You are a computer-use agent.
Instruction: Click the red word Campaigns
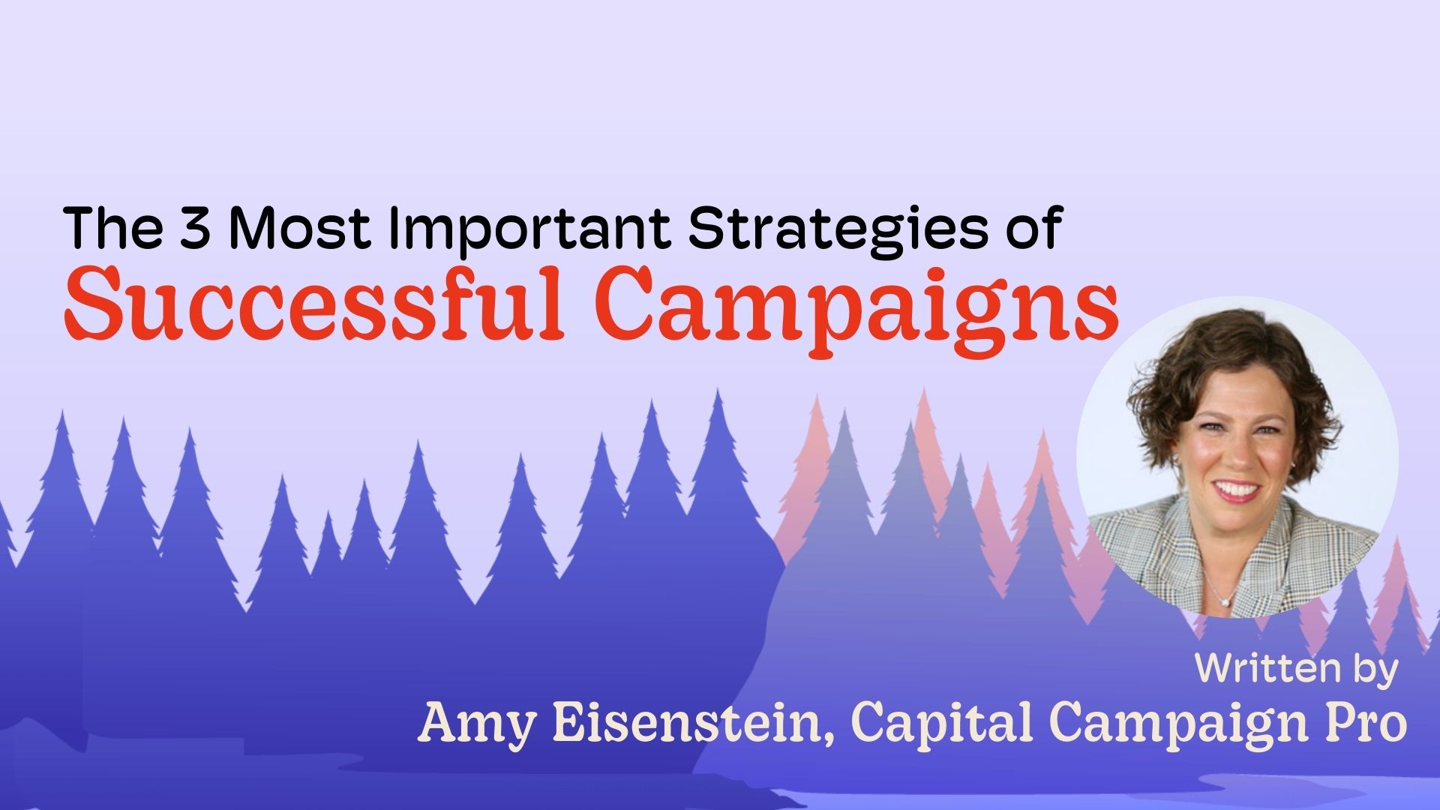pyautogui.click(x=859, y=304)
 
